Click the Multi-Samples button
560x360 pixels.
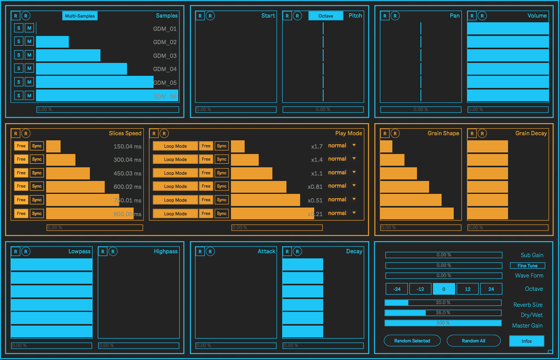80,16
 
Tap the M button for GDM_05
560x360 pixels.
29,82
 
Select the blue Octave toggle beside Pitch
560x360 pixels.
326,16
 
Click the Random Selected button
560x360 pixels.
412,341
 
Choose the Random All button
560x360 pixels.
473,341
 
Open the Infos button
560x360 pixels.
526,341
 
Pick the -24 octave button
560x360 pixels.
397,289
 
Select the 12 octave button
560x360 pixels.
467,289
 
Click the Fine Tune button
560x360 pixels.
527,266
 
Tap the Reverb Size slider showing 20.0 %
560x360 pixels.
443,303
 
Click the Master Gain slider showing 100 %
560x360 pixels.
443,323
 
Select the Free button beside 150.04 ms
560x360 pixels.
21,146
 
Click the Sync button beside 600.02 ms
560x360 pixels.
37,186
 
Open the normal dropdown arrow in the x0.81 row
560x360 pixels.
354,186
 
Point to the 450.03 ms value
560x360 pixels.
127,174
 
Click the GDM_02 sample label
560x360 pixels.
165,42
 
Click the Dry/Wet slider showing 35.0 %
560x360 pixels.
443,313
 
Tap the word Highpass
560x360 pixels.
165,251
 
